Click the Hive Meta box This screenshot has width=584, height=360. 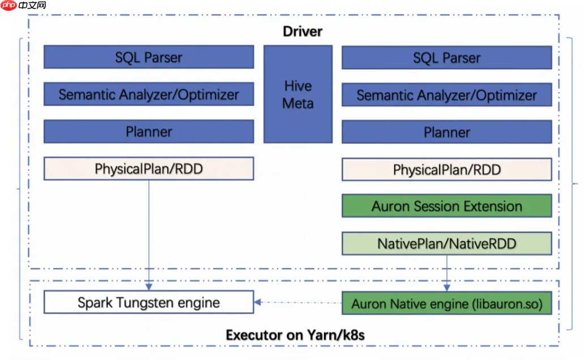298,94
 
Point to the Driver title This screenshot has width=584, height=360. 302,31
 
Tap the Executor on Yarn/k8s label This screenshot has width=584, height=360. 295,335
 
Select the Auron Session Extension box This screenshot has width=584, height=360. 447,206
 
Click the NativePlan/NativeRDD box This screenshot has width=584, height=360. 447,243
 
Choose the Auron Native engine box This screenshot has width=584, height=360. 447,303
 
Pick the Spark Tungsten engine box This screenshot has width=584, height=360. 148,302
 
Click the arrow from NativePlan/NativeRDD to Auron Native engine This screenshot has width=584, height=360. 447,272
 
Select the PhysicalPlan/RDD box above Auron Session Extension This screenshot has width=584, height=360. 447,169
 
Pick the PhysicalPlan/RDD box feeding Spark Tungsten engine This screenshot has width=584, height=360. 148,169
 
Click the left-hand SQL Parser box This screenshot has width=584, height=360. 148,57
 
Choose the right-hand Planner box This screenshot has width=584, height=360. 447,132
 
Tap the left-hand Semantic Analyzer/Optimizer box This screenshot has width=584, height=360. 148,95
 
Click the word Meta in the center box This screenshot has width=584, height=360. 298,103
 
